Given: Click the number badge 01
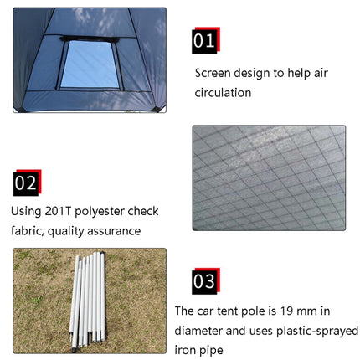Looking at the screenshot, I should click(204, 40).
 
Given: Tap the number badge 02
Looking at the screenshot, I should click(26, 183).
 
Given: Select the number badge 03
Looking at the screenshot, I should click(204, 281).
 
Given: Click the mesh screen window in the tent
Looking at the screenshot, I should click(90, 64).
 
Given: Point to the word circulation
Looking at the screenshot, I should click(223, 93).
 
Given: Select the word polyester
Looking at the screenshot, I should click(105, 212).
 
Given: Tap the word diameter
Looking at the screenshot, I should click(201, 330).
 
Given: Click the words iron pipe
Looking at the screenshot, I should click(199, 349).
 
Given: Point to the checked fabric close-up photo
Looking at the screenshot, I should click(268, 177).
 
